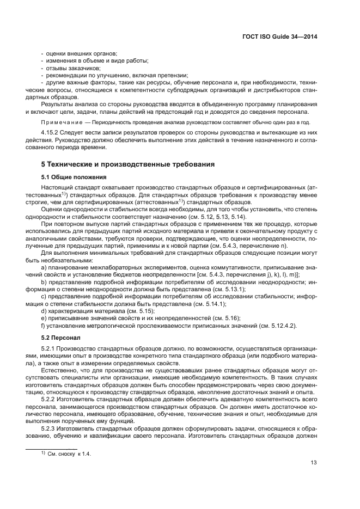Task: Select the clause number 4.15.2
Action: click(x=51, y=133)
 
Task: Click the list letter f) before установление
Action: click(x=44, y=326)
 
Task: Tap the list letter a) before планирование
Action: click(x=44, y=267)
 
